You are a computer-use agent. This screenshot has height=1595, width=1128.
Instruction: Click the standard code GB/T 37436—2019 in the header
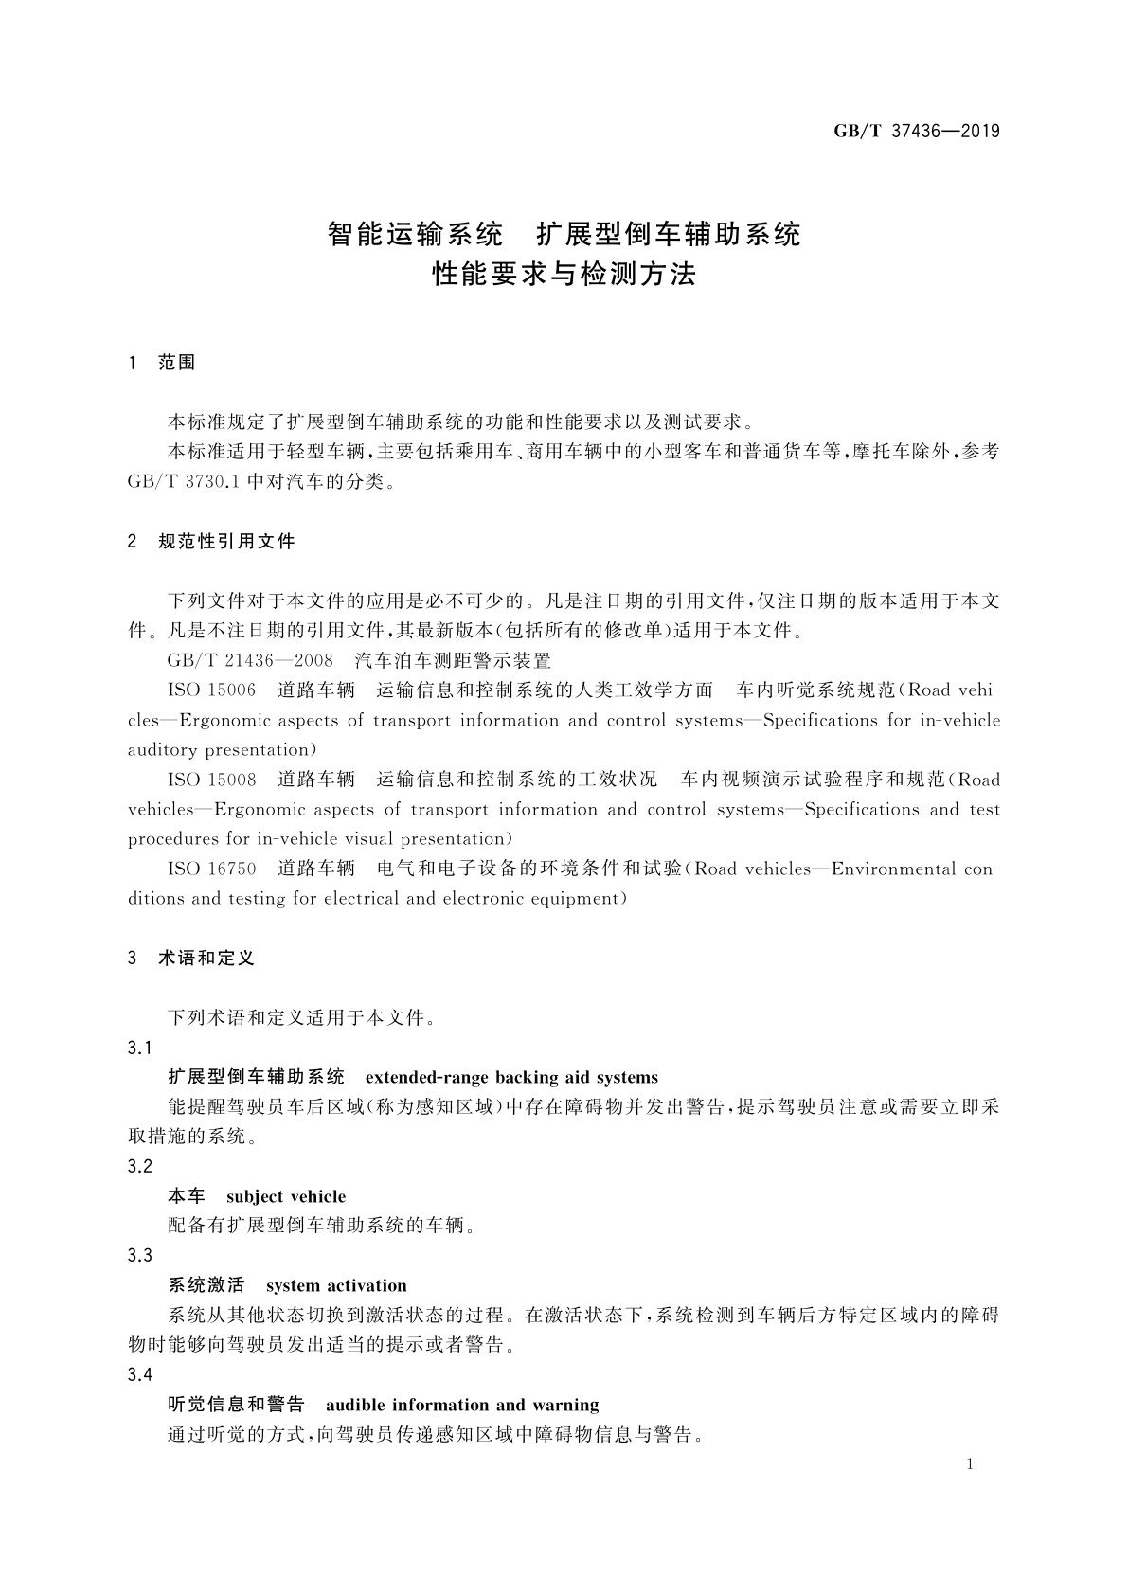pos(916,132)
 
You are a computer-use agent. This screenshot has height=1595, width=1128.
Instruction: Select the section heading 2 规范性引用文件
pos(211,542)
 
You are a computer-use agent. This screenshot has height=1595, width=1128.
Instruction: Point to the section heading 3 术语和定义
pos(191,959)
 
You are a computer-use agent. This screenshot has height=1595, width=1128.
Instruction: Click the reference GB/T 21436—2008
pos(245,661)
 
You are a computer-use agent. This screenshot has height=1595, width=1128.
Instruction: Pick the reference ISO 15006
pos(211,690)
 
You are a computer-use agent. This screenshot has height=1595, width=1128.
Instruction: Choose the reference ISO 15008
pos(211,780)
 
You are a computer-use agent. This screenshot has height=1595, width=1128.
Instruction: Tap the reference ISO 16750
pos(211,869)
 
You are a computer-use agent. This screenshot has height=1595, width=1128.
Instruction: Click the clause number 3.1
pos(140,1048)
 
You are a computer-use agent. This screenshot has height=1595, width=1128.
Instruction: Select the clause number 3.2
pos(140,1167)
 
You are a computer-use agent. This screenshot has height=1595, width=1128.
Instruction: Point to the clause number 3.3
pos(140,1256)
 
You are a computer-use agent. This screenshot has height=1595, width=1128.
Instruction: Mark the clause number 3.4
pos(140,1375)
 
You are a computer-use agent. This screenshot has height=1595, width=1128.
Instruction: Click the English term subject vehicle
pos(286,1196)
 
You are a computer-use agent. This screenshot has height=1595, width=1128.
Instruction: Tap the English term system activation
pos(336,1285)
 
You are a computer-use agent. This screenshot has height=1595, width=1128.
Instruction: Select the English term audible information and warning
pos(462,1405)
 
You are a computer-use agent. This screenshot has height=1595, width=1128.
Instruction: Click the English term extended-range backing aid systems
pos(511,1077)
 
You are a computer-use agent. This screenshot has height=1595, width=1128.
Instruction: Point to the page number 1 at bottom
pos(970,1464)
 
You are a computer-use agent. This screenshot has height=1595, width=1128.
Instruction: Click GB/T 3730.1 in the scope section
pos(185,482)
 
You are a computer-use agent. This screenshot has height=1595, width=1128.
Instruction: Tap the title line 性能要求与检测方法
pos(564,275)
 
